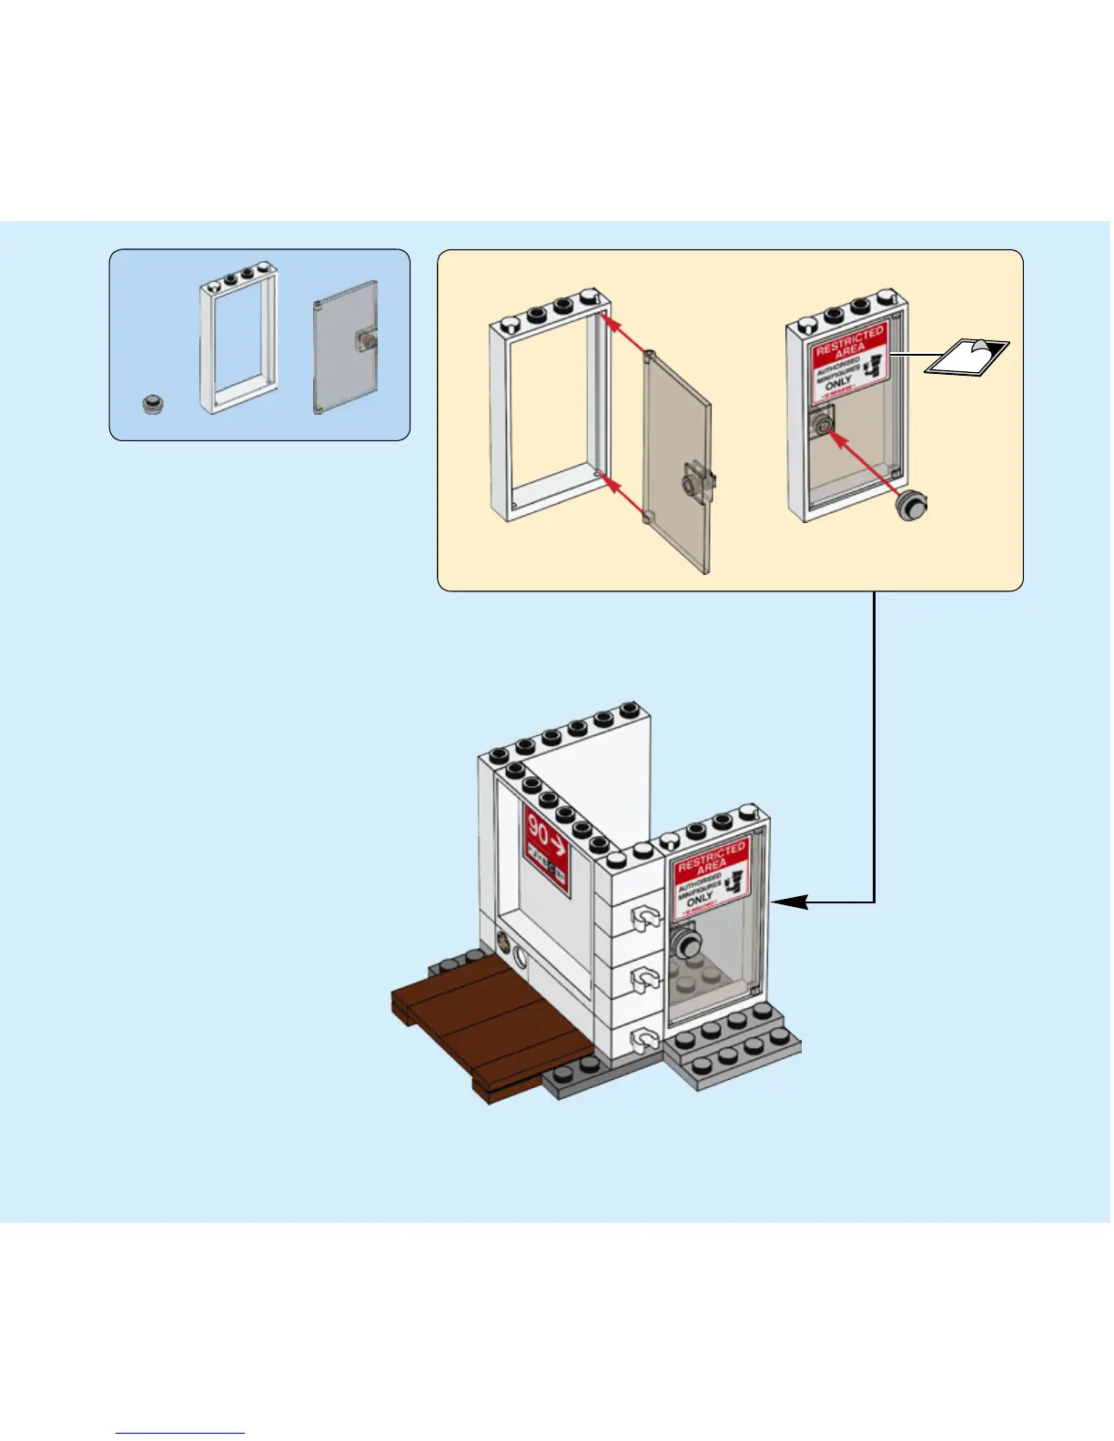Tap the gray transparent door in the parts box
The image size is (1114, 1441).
(x=345, y=347)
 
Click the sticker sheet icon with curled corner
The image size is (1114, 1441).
(x=967, y=356)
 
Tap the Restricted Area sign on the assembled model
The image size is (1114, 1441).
(x=710, y=879)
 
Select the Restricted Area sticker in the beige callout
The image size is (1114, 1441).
(x=848, y=361)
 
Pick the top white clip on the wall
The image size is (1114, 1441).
(x=645, y=920)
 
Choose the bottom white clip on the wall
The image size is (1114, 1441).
(x=645, y=1037)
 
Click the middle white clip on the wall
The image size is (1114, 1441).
(x=645, y=979)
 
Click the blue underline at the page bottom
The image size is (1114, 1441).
(x=180, y=1433)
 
